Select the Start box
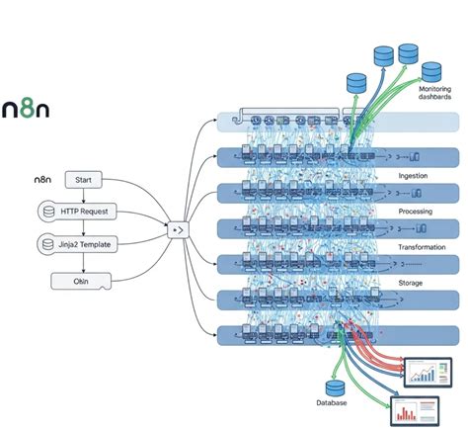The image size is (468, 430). click(x=84, y=180)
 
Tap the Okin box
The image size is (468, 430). click(x=83, y=281)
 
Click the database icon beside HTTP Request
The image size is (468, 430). click(x=45, y=212)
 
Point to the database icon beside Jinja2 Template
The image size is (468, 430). click(x=45, y=244)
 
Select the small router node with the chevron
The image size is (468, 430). click(x=179, y=229)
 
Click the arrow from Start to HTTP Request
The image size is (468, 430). click(x=84, y=196)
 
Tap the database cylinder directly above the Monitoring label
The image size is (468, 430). click(x=430, y=71)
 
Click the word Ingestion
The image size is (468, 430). click(x=413, y=176)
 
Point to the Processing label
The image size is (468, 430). click(x=415, y=211)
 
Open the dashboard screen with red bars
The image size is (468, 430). click(x=415, y=411)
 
